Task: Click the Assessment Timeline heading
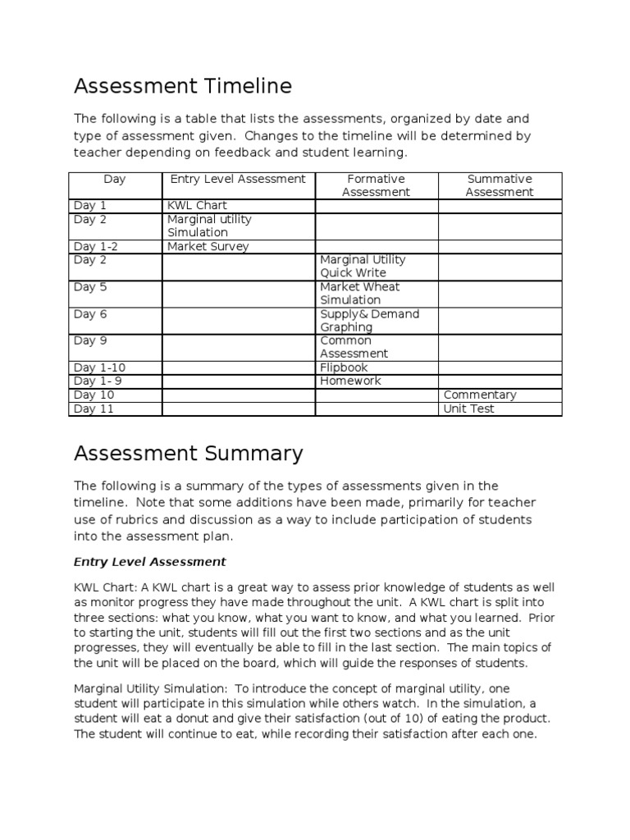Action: [x=183, y=86]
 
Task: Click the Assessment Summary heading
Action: [x=189, y=453]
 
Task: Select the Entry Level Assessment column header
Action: [x=237, y=179]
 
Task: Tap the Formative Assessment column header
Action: [x=376, y=185]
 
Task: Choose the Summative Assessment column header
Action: [x=499, y=185]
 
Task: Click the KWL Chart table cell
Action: [x=197, y=205]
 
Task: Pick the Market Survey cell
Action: [x=208, y=246]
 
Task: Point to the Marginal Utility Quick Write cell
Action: [x=363, y=266]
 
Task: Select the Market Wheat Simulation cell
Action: [x=359, y=293]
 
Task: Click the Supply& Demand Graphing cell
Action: [x=369, y=320]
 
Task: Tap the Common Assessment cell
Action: [x=354, y=347]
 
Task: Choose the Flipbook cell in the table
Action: [x=344, y=367]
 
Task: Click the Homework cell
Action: [x=350, y=381]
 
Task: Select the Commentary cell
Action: [x=480, y=395]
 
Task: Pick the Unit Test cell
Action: [x=468, y=409]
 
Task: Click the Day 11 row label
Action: [x=94, y=409]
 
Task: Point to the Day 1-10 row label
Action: [x=99, y=367]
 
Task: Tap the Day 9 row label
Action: [x=90, y=340]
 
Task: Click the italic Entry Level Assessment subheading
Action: [x=149, y=562]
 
